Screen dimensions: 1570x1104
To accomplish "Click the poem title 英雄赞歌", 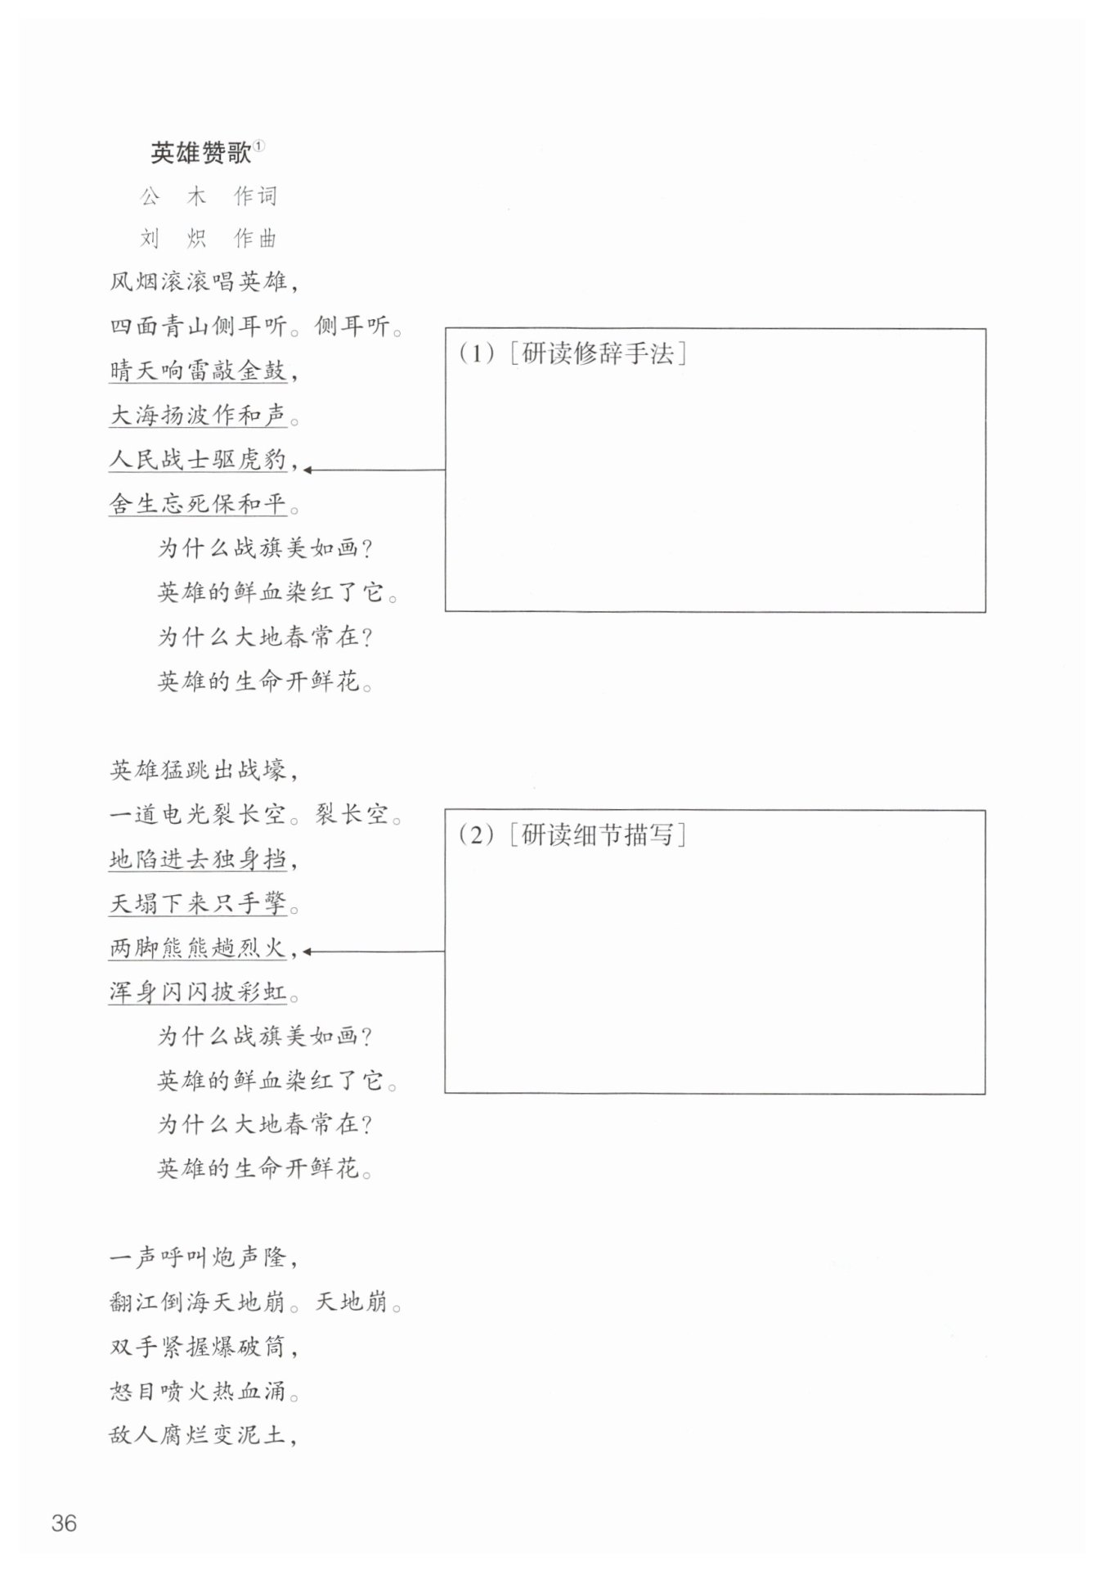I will click(200, 153).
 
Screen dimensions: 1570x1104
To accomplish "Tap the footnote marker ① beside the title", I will click(259, 146).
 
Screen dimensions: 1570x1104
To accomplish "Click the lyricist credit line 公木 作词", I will click(209, 196).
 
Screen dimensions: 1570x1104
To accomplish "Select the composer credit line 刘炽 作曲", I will click(209, 239).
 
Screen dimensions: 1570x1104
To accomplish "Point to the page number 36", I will click(64, 1523).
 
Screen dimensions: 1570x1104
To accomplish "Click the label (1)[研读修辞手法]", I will click(572, 353).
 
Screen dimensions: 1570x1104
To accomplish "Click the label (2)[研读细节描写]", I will click(572, 835).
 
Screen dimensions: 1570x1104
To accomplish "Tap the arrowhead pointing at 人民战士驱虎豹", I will click(308, 470).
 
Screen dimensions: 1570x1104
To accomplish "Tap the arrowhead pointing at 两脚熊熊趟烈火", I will click(308, 951).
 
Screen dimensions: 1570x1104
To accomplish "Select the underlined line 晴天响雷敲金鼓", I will click(198, 371).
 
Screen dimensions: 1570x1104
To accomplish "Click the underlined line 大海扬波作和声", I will click(198, 416).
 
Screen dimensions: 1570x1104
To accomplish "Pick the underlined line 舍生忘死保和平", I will click(198, 504).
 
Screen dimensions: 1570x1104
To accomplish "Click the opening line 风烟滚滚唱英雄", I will click(198, 282).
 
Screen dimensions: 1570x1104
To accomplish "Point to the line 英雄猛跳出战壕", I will click(198, 771).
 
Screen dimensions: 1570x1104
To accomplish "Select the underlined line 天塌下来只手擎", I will click(198, 904).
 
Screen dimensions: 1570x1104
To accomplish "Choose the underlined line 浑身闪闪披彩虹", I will click(198, 992).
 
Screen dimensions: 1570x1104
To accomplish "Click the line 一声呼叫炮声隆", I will click(198, 1257).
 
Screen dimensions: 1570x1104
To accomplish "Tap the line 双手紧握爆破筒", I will click(198, 1346).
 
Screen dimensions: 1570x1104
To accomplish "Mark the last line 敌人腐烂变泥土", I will click(198, 1434).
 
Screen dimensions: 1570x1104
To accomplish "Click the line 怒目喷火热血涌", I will click(198, 1390).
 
